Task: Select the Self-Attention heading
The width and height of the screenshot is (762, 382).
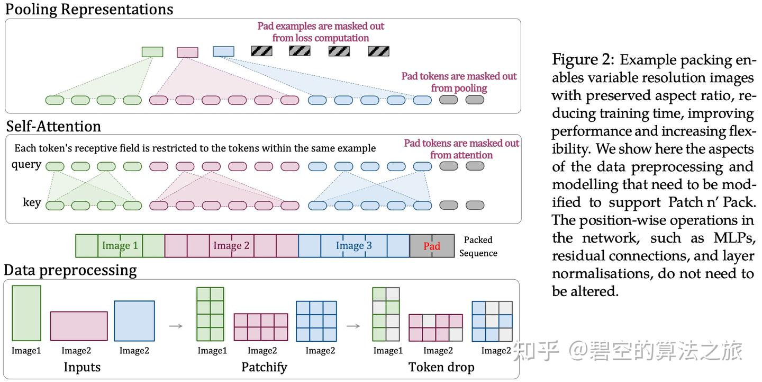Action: (x=53, y=126)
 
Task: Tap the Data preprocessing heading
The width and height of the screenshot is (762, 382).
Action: (x=70, y=270)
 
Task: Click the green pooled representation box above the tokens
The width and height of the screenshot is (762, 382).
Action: (x=152, y=52)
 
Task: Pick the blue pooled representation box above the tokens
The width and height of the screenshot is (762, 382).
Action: (x=223, y=51)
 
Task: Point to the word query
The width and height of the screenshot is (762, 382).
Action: (x=26, y=164)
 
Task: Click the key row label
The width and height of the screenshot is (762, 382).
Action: (x=32, y=202)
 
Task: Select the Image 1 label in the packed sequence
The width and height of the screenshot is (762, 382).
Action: (x=120, y=246)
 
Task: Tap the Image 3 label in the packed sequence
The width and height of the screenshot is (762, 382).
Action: (x=354, y=246)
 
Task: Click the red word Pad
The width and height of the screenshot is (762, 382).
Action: (x=432, y=246)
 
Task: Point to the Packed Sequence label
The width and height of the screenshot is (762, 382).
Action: (x=478, y=246)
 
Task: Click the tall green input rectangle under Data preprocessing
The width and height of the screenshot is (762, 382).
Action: (x=26, y=313)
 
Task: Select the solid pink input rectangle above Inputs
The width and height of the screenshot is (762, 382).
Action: (x=79, y=326)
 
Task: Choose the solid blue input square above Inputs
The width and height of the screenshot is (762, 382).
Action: (x=134, y=321)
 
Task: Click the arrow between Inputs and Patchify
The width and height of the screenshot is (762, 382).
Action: (x=176, y=326)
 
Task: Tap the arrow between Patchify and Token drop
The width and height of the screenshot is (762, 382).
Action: (x=353, y=326)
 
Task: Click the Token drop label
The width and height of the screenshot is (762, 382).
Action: (x=441, y=367)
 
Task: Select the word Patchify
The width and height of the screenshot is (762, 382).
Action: (x=264, y=367)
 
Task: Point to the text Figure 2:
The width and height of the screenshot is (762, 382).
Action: (x=583, y=59)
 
